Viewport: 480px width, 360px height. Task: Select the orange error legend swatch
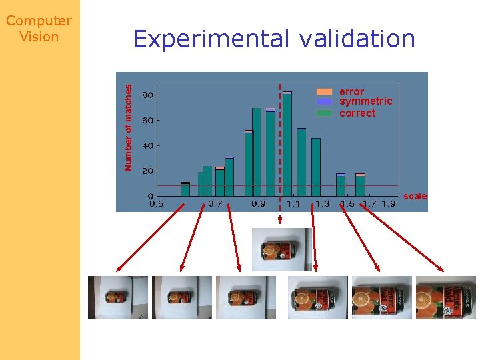(324, 91)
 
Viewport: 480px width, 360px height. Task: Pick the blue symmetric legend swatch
(324, 102)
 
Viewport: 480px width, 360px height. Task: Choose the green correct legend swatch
(324, 113)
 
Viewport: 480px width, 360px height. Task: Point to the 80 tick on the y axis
(148, 95)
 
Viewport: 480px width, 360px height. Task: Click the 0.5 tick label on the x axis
(157, 203)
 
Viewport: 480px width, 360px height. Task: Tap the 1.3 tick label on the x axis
(323, 203)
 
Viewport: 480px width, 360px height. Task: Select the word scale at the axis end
(415, 196)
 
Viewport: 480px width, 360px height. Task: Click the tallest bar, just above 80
(287, 143)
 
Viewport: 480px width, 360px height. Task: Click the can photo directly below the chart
(281, 249)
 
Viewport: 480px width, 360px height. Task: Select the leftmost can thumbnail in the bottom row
(118, 297)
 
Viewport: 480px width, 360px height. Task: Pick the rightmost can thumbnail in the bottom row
(445, 297)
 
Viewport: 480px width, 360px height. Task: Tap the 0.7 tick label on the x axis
(215, 203)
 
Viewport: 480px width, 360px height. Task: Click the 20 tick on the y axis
(148, 171)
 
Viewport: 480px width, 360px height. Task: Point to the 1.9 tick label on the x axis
(389, 203)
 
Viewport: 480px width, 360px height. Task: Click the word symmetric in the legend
(365, 102)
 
